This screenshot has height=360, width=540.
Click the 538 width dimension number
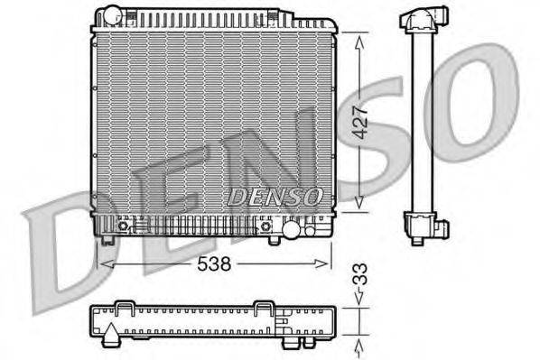(215, 264)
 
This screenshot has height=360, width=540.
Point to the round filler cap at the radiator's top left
(111, 15)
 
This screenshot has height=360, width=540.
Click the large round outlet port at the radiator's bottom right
(291, 230)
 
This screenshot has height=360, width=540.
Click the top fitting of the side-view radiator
(422, 20)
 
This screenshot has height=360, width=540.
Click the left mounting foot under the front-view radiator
(109, 238)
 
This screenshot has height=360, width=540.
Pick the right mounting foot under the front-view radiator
(273, 239)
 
